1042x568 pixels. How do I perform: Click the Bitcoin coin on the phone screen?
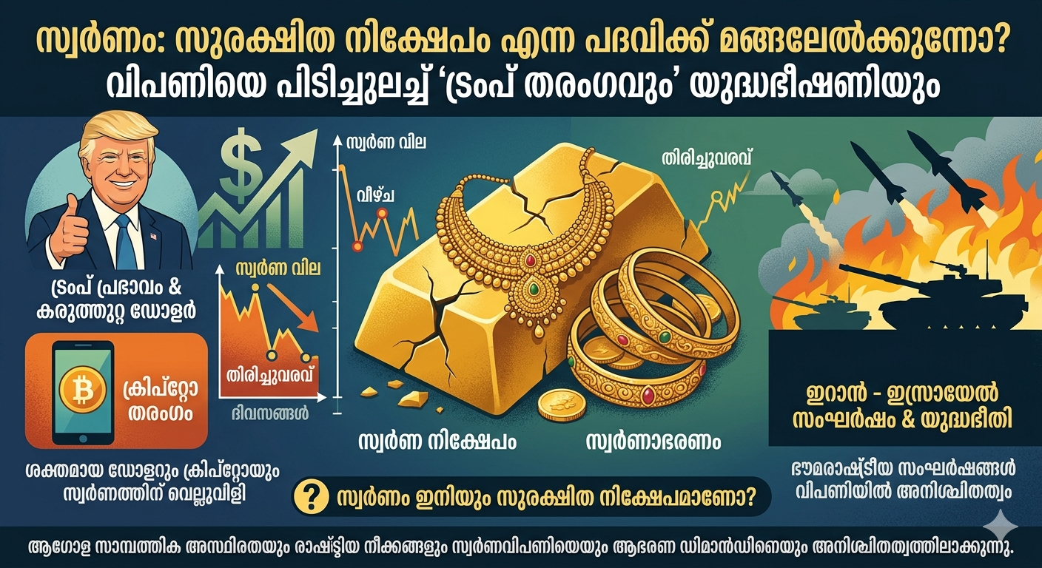[x=82, y=390]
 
